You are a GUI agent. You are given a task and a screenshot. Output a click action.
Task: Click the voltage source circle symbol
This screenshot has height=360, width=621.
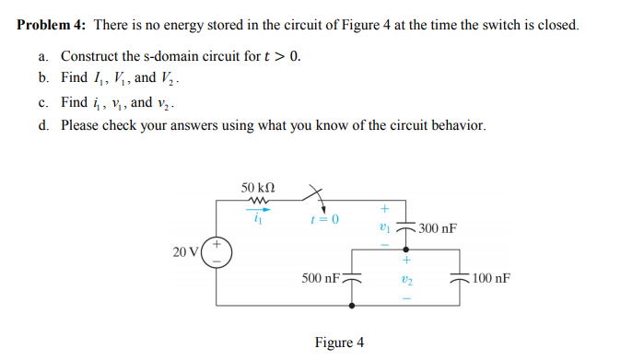(x=217, y=251)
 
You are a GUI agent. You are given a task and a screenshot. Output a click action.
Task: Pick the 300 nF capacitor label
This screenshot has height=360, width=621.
(x=437, y=228)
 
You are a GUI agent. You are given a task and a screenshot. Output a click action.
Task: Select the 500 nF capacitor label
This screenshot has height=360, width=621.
(x=320, y=277)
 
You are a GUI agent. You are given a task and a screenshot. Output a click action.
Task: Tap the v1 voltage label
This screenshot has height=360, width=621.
(x=387, y=226)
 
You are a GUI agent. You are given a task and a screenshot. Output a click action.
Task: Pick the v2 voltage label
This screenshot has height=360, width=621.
(x=387, y=276)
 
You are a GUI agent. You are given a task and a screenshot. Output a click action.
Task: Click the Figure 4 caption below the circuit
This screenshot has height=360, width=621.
(x=339, y=343)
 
